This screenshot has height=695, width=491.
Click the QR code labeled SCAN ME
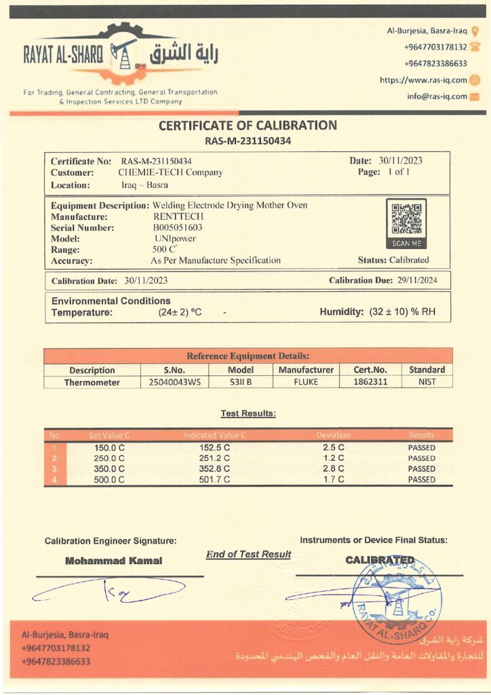point(406,219)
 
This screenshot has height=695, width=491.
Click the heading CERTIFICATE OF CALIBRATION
point(248,126)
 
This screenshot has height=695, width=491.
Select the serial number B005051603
point(178,227)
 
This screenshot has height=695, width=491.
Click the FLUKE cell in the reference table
point(306,382)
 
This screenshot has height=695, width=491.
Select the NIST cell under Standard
point(427,382)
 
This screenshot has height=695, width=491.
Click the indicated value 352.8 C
point(214,469)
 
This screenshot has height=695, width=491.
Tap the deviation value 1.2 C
point(333,458)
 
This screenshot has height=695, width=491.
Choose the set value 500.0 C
point(110,479)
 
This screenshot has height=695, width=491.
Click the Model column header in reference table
point(241,370)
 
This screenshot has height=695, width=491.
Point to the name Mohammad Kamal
point(113,561)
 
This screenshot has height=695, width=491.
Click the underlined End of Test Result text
point(248,555)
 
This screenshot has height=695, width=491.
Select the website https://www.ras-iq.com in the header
point(423,80)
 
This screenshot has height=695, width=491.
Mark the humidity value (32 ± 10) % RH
point(401,313)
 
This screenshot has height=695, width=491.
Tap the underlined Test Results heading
point(248,413)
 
